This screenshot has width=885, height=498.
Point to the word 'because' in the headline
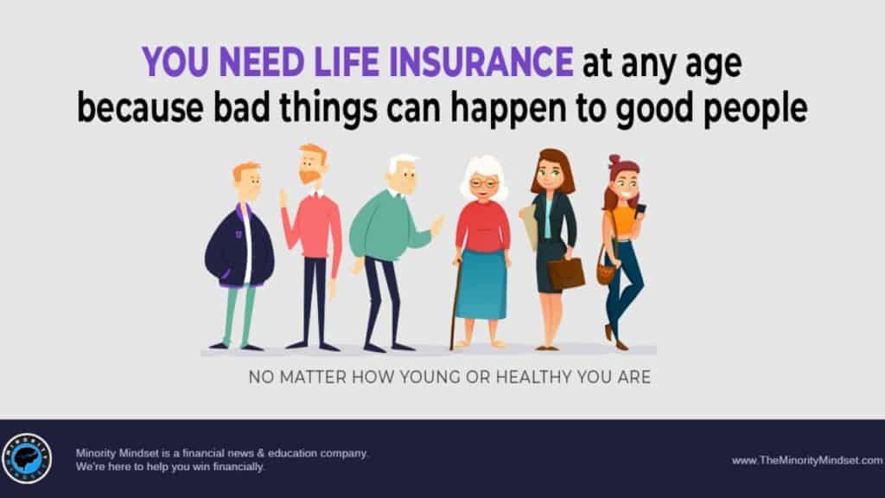140,107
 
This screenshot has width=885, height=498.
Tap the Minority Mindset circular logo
27,458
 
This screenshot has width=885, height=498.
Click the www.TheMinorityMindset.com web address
807,460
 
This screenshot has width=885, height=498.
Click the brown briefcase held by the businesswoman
566,273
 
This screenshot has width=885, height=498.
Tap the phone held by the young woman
640,210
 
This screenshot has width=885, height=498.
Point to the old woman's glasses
484,183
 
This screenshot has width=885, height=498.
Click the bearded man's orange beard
309,176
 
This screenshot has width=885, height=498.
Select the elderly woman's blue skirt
481,284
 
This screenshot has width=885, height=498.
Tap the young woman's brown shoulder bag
606,272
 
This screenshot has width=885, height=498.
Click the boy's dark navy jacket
239,247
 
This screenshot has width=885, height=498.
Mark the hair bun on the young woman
614,160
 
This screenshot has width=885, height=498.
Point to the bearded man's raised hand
283,199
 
